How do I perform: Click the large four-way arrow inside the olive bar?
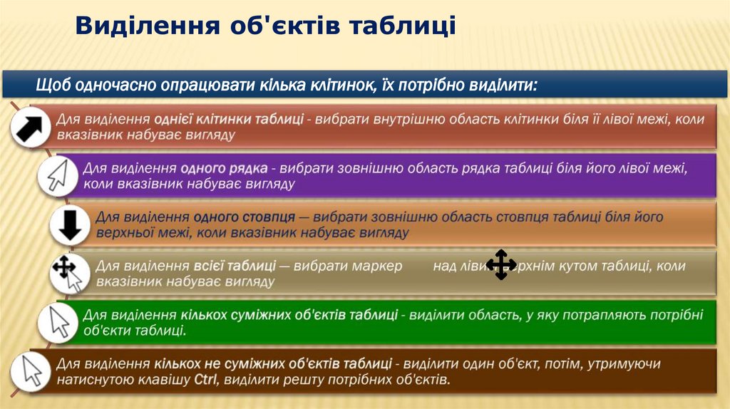(x=501, y=265)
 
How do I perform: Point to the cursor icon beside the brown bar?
(x=32, y=371)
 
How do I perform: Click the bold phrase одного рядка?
(x=224, y=169)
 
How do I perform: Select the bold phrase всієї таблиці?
(x=235, y=266)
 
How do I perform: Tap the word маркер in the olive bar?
(x=378, y=266)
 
